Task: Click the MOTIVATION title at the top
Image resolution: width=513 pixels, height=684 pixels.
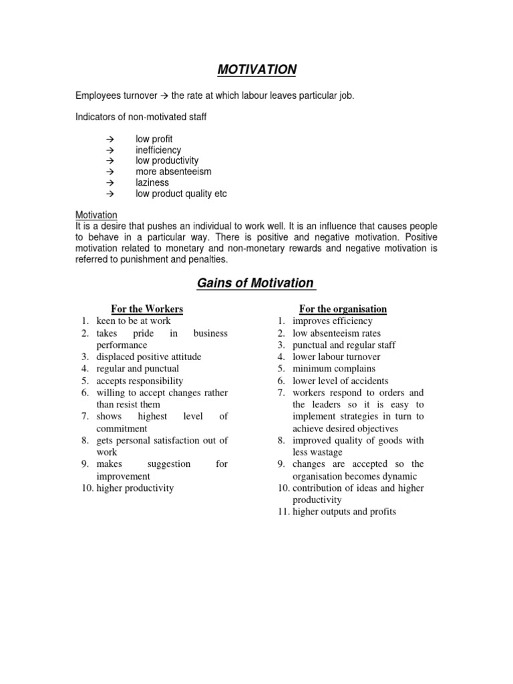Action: coord(256,70)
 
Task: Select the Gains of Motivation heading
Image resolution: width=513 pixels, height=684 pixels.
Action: coord(256,283)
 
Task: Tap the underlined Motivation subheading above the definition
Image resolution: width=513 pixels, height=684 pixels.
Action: coord(96,215)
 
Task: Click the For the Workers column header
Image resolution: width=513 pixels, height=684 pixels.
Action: coord(147,309)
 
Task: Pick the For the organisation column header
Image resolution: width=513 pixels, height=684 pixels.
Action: coord(343,309)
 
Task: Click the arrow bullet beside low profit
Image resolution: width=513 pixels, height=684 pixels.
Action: coord(110,140)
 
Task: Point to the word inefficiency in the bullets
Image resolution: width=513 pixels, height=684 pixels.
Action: coord(158,150)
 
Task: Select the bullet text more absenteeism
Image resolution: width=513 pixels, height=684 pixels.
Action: coord(173,172)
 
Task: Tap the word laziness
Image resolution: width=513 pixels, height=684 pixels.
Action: coord(152,182)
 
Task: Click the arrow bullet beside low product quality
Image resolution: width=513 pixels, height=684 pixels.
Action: coord(110,194)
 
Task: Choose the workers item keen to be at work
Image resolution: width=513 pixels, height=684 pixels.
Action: coord(133,321)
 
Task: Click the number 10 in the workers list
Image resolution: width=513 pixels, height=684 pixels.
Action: coord(85,488)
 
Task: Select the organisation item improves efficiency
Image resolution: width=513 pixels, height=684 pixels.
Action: coord(333,321)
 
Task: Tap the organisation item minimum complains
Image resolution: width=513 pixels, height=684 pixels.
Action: coord(334,369)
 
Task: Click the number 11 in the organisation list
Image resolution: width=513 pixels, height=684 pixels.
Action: coord(283,512)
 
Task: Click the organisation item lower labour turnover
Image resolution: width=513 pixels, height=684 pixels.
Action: coord(337,357)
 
